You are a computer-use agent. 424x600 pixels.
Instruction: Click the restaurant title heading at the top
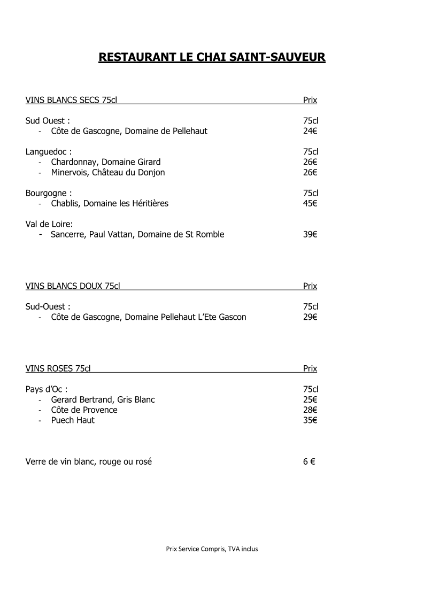212,57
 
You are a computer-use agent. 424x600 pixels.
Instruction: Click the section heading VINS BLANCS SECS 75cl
71,100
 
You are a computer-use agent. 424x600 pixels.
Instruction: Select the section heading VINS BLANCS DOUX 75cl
73,286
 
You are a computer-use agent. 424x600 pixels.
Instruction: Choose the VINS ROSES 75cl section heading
58,368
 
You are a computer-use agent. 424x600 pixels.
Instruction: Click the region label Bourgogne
49,193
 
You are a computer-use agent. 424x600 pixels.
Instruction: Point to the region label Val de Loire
49,224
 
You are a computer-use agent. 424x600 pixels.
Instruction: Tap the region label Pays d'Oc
47,389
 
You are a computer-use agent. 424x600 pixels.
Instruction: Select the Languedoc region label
49,152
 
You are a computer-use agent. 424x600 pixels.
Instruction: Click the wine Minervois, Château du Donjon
108,172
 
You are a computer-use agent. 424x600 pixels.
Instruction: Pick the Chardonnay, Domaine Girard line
106,162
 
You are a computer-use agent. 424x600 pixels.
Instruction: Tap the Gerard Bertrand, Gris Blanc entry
103,399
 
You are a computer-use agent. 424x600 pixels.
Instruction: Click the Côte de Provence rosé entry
84,410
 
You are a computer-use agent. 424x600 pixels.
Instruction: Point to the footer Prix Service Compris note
212,548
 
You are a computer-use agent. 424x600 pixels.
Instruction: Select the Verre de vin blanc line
89,461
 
